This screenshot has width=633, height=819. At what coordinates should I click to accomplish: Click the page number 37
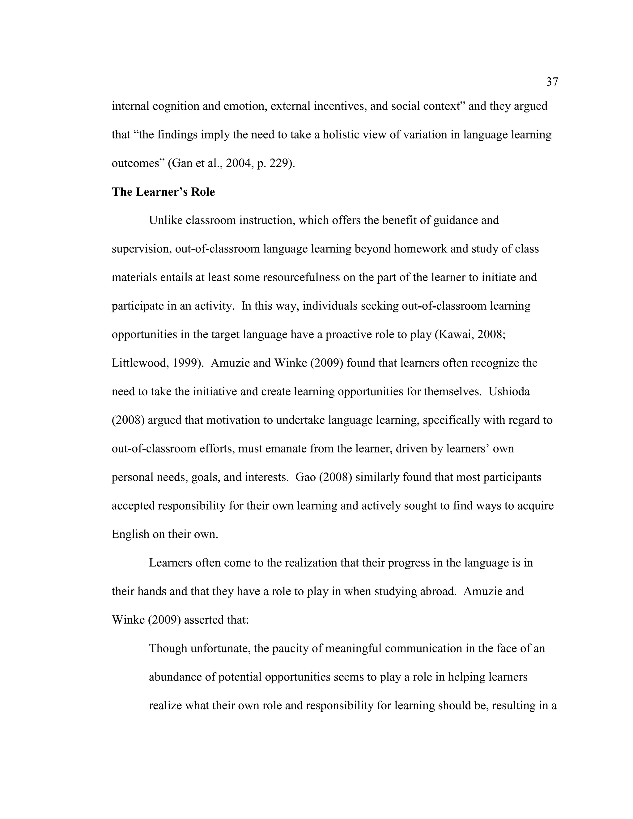552,82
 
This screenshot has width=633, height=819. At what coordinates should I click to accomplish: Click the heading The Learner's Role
163,192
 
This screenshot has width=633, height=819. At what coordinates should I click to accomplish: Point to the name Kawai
453,334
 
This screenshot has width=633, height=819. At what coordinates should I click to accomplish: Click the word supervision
141,249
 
